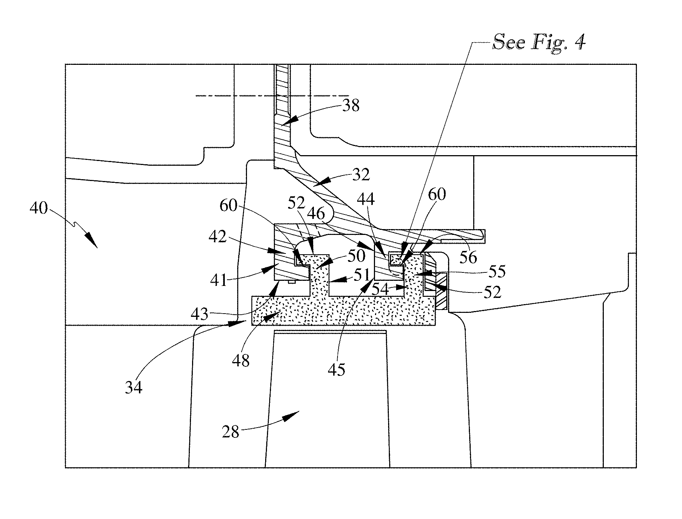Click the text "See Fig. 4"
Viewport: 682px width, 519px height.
click(x=539, y=43)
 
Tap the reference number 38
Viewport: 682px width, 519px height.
click(x=351, y=106)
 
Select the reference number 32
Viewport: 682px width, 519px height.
click(x=361, y=175)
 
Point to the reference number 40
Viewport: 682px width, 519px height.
click(x=39, y=208)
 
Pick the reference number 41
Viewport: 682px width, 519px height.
click(x=219, y=281)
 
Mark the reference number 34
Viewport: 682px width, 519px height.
click(x=133, y=388)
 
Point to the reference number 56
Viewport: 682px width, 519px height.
click(x=468, y=257)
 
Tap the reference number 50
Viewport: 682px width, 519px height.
click(x=356, y=256)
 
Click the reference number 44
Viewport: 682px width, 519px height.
click(x=366, y=199)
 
